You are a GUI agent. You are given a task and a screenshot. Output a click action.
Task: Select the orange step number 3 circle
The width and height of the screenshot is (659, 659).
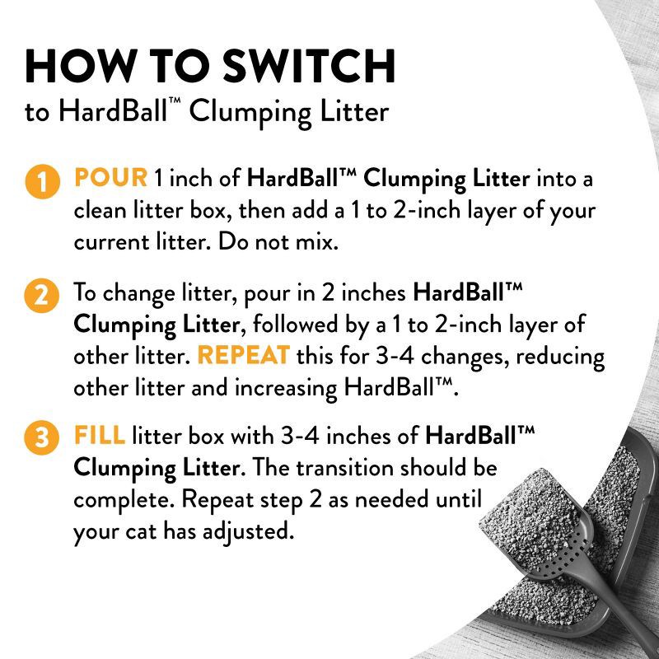(x=40, y=439)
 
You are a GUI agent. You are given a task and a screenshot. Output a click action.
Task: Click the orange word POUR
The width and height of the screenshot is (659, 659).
(x=110, y=177)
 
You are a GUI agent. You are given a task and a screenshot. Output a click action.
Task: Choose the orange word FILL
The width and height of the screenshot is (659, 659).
(x=100, y=435)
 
